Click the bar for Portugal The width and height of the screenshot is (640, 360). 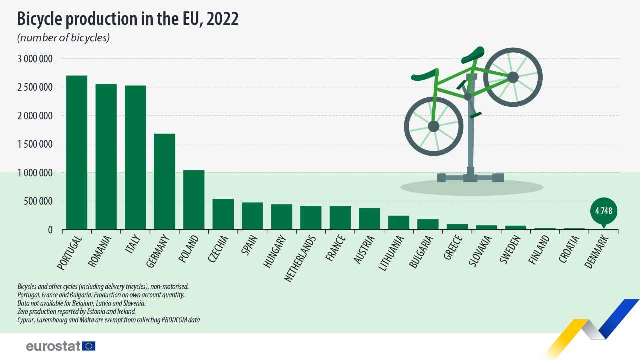coord(77,153)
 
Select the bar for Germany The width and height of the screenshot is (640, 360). coord(165,182)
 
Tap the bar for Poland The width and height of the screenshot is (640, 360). coord(194,200)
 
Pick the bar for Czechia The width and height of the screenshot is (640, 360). coord(223,214)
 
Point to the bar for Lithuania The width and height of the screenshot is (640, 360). coord(399,223)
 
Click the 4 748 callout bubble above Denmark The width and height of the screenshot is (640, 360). coord(603,210)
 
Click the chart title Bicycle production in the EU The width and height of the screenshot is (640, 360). coord(128,19)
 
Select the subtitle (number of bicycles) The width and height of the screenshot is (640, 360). coord(63,38)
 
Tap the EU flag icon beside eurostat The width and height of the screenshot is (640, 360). coord(89,346)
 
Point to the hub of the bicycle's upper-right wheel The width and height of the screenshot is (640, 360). coord(513,77)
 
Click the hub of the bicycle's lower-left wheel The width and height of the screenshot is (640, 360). coord(433,126)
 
